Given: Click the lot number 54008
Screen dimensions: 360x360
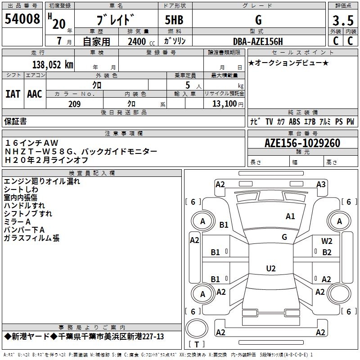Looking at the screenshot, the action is click(x=22, y=20).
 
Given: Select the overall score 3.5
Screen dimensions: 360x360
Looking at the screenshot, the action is click(x=343, y=21).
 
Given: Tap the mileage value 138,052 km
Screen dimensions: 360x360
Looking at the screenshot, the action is click(x=52, y=65).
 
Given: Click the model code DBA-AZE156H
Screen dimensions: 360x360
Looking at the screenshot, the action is click(x=258, y=42).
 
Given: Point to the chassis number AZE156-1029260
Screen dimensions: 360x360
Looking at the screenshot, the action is click(x=302, y=144).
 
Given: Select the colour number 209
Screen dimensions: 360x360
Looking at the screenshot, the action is click(x=74, y=104).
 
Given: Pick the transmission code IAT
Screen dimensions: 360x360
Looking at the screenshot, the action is click(x=13, y=94).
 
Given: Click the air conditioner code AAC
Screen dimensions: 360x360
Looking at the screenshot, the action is click(x=35, y=94).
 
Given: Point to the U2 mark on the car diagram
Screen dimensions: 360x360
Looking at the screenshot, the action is click(x=270, y=269).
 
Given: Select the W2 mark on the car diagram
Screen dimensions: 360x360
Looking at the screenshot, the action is click(x=327, y=241).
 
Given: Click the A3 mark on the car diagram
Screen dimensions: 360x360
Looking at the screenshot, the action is click(x=320, y=184).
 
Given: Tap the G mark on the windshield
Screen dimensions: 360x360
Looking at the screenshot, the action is click(x=284, y=237).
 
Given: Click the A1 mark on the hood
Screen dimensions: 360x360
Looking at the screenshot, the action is click(x=290, y=216).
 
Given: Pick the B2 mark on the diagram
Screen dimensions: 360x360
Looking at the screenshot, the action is click(x=327, y=252).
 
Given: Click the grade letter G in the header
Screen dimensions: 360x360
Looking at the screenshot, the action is click(x=258, y=20).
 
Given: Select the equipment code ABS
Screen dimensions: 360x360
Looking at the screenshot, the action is click(x=294, y=121).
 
